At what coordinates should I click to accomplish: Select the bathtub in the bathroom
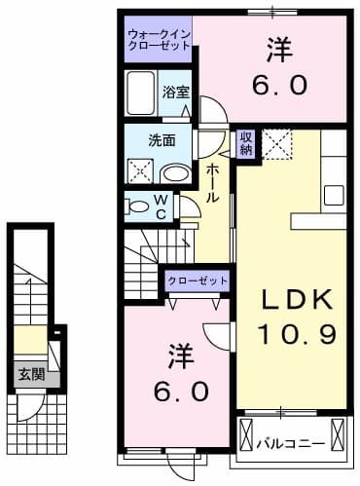click(x=142, y=93)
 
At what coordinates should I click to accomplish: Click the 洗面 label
click(x=162, y=139)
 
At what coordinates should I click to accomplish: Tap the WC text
click(x=162, y=206)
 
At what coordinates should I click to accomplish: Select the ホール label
click(x=212, y=182)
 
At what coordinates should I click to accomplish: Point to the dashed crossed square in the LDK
click(x=279, y=145)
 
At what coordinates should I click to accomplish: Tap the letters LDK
click(x=297, y=299)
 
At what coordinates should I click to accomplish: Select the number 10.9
click(x=297, y=334)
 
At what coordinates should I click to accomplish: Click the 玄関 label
click(x=25, y=373)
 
